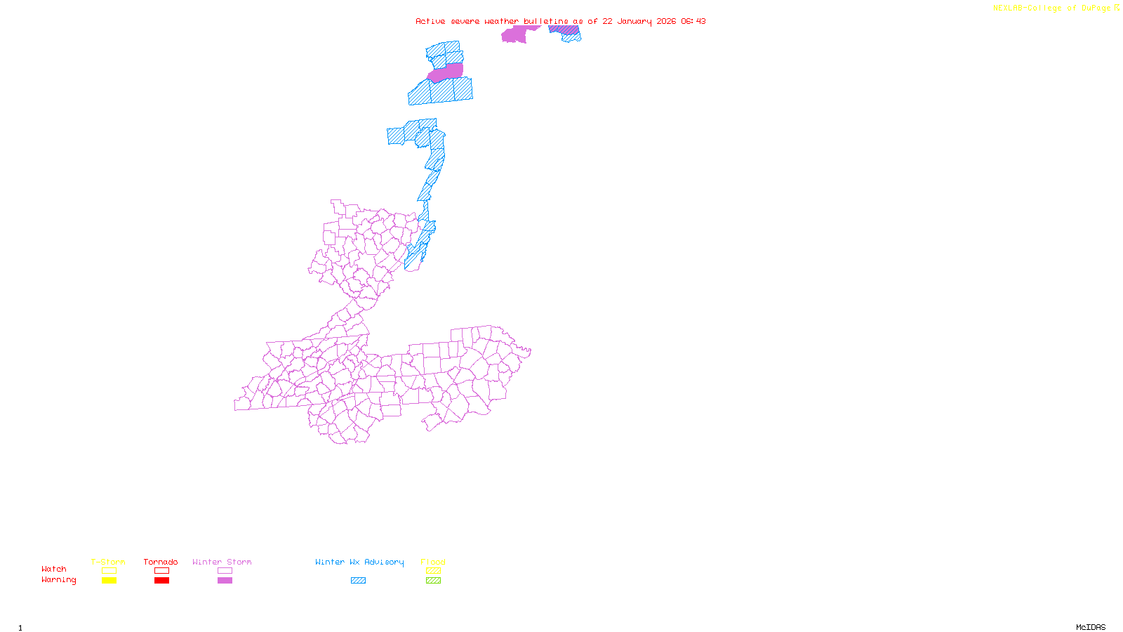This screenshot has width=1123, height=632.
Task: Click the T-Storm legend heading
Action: point(108,562)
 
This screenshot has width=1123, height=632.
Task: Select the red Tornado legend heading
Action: point(161,562)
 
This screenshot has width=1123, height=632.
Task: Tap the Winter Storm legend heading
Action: point(222,562)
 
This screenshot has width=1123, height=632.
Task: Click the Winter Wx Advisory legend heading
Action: point(359,562)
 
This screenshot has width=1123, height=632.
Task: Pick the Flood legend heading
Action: point(433,562)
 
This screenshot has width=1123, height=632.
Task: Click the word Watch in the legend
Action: point(54,569)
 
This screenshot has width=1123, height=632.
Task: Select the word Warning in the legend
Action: point(58,580)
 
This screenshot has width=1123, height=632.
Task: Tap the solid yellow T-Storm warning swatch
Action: point(109,581)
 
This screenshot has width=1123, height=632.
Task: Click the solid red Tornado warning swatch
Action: point(161,581)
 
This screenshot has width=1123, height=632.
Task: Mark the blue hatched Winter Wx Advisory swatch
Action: point(358,581)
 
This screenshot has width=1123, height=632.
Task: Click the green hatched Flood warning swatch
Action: point(433,581)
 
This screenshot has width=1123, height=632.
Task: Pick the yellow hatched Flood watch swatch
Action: point(433,571)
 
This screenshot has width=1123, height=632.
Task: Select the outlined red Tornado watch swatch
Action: point(161,571)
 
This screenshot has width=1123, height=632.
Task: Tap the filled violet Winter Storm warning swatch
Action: point(225,581)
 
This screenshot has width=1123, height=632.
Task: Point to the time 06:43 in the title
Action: point(693,21)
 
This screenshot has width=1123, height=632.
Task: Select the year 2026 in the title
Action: point(666,21)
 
